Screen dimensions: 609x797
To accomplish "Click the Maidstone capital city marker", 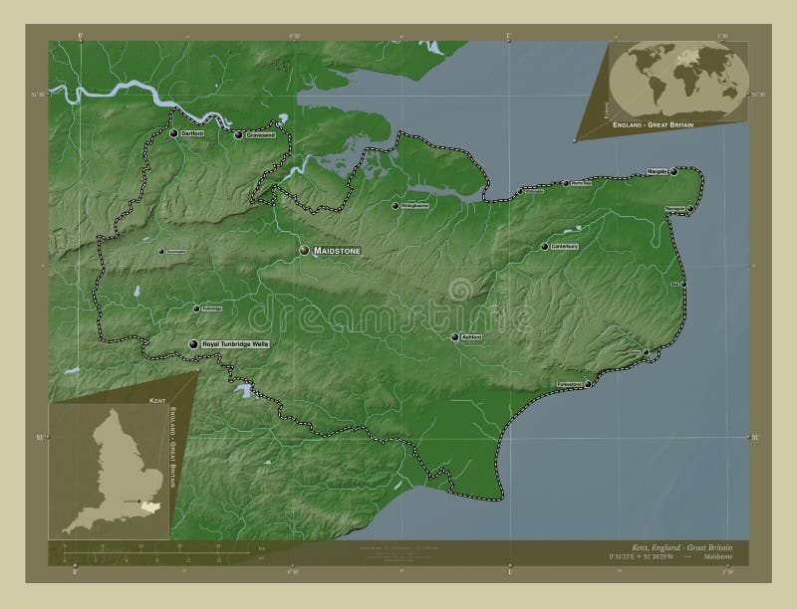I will click(x=305, y=252).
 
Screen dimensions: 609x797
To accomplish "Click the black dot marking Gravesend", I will click(x=238, y=134).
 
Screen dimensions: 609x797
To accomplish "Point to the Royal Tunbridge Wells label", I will click(x=235, y=343).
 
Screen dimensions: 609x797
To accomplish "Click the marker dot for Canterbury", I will click(x=545, y=247).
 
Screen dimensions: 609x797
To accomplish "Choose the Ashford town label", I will click(x=471, y=338).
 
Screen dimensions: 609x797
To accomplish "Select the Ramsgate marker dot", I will click(x=691, y=209).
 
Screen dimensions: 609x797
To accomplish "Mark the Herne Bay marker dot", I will click(x=565, y=183).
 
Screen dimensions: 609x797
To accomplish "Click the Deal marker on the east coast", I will click(x=683, y=284).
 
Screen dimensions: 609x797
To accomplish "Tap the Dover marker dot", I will click(x=646, y=352).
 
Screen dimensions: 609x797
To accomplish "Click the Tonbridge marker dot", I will click(x=196, y=308).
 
